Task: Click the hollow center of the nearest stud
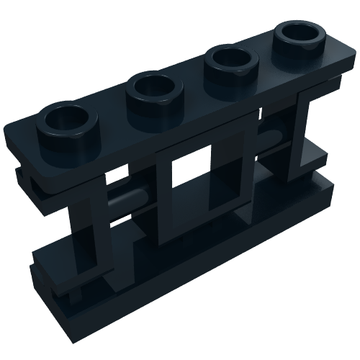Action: pyautogui.click(x=68, y=116)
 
